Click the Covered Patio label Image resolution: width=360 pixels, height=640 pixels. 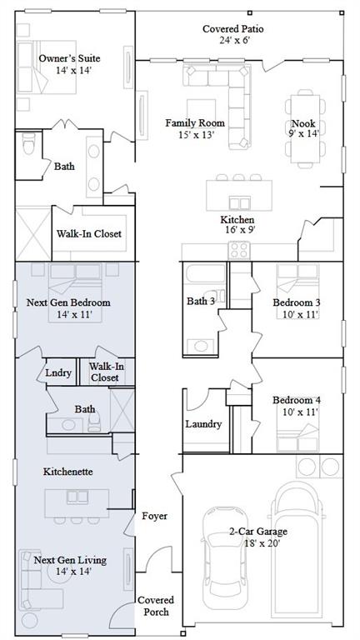[x=232, y=29]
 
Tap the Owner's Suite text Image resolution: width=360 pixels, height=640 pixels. [x=69, y=58]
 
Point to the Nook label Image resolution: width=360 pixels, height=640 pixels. [x=302, y=123]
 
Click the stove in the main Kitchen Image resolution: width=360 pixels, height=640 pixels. [x=239, y=250]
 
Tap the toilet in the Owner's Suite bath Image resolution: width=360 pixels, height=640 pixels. [x=28, y=143]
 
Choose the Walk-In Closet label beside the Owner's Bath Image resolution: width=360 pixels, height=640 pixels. [x=88, y=234]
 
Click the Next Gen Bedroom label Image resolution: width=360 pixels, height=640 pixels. [x=68, y=302]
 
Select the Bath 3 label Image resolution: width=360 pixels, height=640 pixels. [x=200, y=301]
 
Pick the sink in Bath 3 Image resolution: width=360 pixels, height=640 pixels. [x=200, y=346]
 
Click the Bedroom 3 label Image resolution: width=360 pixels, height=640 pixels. [x=297, y=302]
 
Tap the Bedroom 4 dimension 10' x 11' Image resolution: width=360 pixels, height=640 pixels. [x=300, y=412]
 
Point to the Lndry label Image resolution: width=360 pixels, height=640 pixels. [x=58, y=372]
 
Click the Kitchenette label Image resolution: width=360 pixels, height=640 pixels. [x=67, y=472]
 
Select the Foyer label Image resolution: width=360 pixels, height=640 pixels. [x=154, y=517]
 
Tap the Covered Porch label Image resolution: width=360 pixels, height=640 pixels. [x=156, y=606]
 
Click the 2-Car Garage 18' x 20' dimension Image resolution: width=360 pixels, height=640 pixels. [x=262, y=543]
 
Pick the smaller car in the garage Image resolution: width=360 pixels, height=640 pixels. [x=221, y=562]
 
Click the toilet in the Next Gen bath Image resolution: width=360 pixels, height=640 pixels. [x=94, y=422]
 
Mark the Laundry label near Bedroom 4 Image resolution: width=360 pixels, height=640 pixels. [x=203, y=424]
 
